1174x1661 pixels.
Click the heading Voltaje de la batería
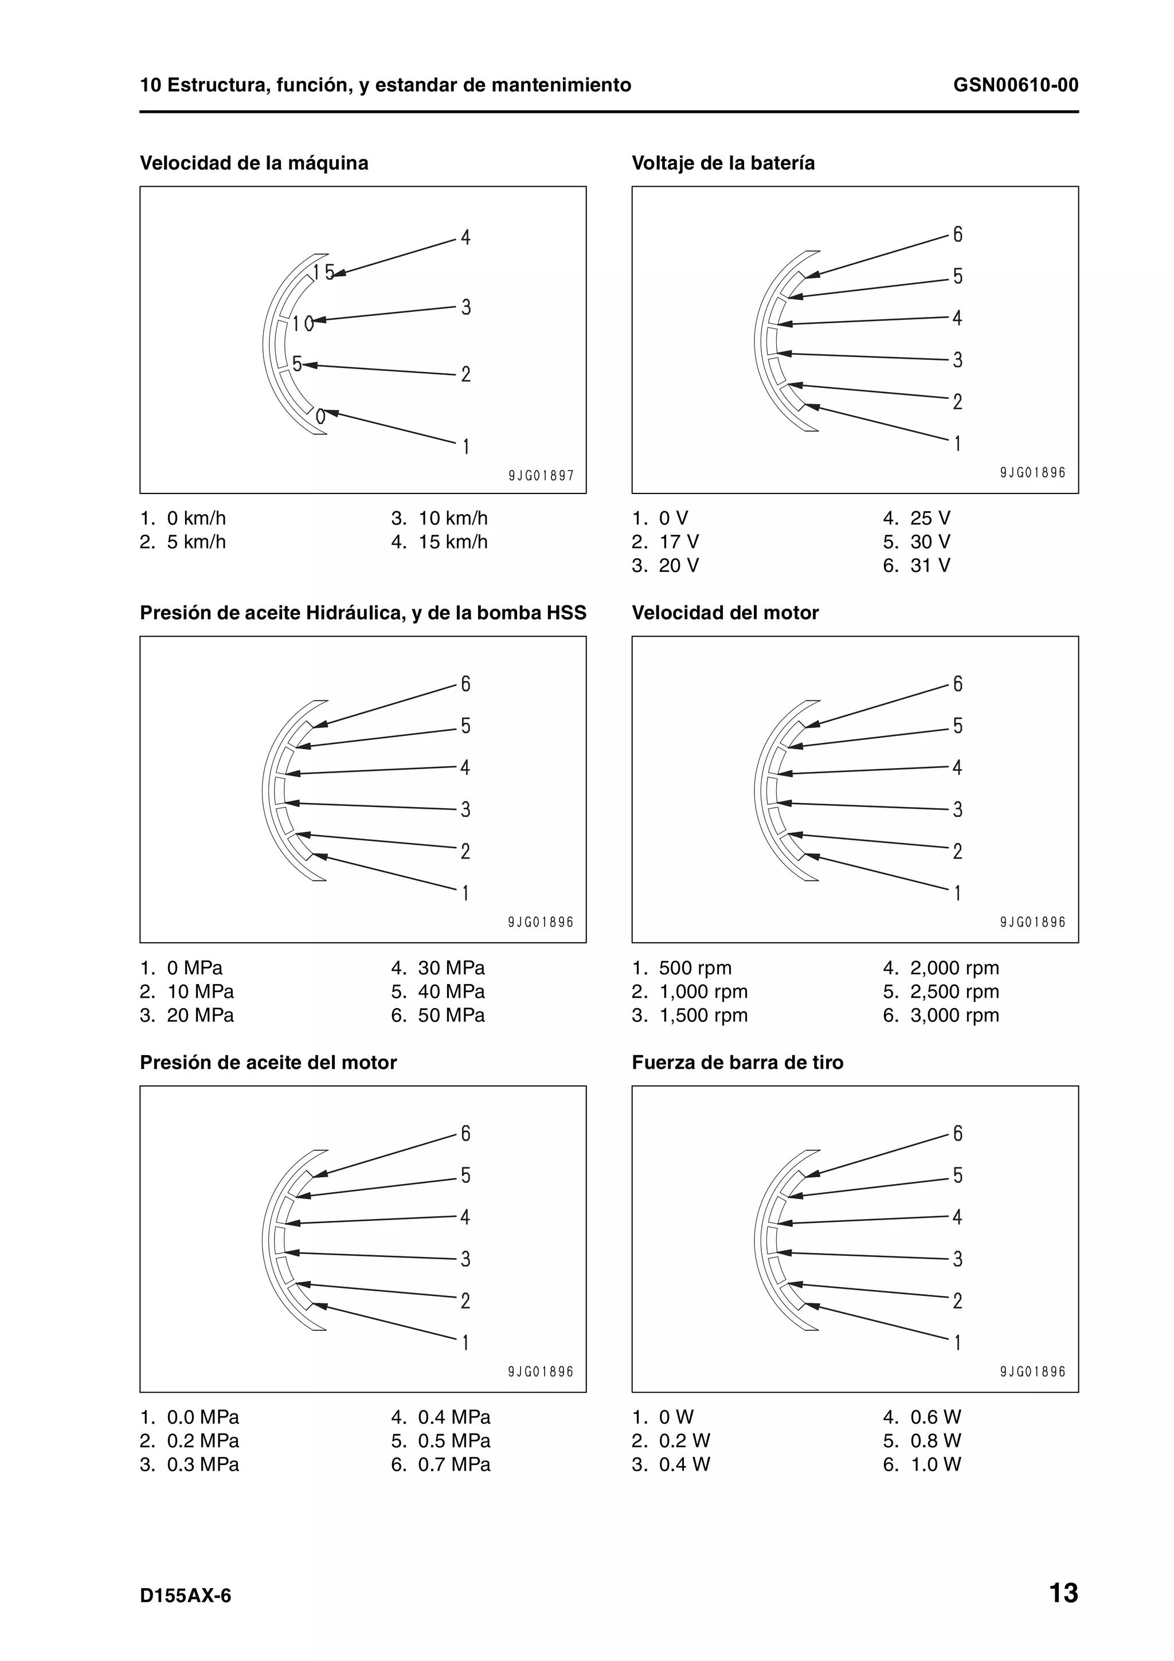pyautogui.click(x=723, y=163)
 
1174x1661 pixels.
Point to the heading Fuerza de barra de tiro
pyautogui.click(x=737, y=1062)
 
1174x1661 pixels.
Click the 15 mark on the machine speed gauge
pyautogui.click(x=323, y=272)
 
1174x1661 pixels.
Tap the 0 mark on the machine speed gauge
pyautogui.click(x=320, y=417)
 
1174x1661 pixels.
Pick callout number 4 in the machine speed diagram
pyautogui.click(x=465, y=237)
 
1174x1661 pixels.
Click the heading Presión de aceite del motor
pyautogui.click(x=268, y=1062)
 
